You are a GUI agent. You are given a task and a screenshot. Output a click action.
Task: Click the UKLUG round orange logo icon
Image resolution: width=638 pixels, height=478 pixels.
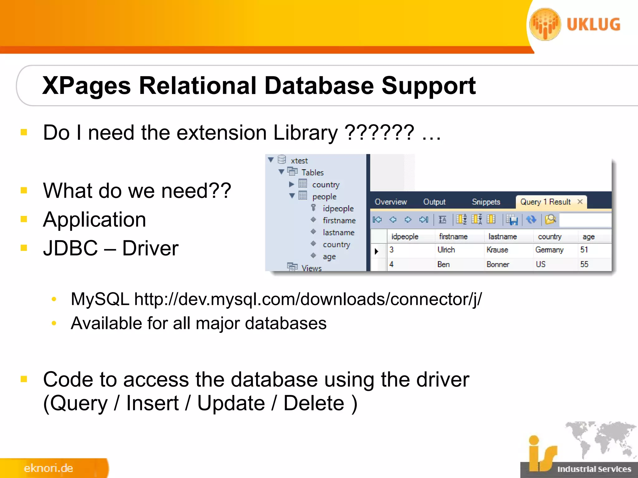coord(545,24)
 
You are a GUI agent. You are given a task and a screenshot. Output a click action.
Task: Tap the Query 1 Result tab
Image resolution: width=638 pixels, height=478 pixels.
coord(545,202)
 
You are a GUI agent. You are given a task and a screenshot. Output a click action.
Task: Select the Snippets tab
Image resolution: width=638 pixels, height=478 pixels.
coord(486,202)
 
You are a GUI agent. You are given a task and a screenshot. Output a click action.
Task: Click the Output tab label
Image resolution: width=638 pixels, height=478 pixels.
coord(434,202)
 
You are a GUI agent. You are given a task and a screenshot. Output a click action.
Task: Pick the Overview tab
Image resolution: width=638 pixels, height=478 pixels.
coord(391,202)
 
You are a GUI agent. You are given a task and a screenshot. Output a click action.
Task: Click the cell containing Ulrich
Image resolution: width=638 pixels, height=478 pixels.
coord(446,250)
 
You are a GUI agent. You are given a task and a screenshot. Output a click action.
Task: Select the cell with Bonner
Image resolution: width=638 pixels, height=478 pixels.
coord(498,265)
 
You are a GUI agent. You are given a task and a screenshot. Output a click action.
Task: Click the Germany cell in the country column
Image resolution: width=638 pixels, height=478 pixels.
coord(550,250)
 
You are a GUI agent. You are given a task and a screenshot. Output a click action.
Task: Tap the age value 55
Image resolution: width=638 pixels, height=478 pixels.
coord(584,265)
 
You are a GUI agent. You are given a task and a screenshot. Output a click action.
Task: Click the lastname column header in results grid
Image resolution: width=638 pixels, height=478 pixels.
coord(502,237)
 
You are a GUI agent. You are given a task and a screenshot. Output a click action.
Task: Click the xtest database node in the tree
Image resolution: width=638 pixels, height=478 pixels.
coord(299,161)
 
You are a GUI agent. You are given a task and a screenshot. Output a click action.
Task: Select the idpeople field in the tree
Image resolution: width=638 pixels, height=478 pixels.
coord(338,209)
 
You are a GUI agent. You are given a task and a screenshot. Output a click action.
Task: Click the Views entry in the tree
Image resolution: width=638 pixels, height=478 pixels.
coord(311,268)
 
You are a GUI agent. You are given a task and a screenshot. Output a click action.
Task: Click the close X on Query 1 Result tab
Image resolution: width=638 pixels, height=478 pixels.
coord(580,202)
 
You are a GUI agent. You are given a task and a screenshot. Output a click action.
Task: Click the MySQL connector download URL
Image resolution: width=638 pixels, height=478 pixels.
coord(308,299)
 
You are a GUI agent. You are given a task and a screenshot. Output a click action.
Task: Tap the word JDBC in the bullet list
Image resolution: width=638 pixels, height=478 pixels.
coord(70,248)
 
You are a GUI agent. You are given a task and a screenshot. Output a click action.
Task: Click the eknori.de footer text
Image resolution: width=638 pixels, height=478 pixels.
coord(49,468)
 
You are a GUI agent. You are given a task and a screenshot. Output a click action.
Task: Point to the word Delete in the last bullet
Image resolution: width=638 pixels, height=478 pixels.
coord(314,403)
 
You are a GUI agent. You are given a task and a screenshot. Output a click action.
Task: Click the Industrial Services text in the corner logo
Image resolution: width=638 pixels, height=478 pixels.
coord(594,469)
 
